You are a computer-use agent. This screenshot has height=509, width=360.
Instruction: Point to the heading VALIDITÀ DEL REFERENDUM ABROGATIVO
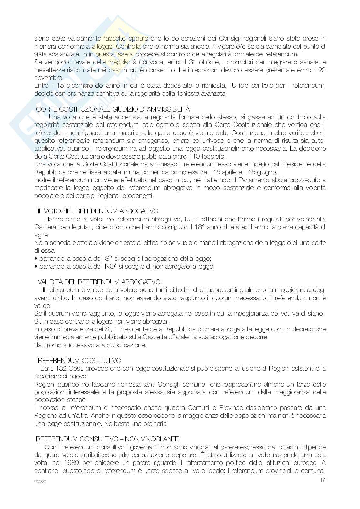point(99,282)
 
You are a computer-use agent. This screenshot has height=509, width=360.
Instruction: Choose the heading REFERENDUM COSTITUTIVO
point(79,360)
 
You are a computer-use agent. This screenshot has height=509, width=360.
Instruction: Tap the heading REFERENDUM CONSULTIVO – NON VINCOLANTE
point(107,439)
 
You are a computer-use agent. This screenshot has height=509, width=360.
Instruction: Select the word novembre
point(48,78)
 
